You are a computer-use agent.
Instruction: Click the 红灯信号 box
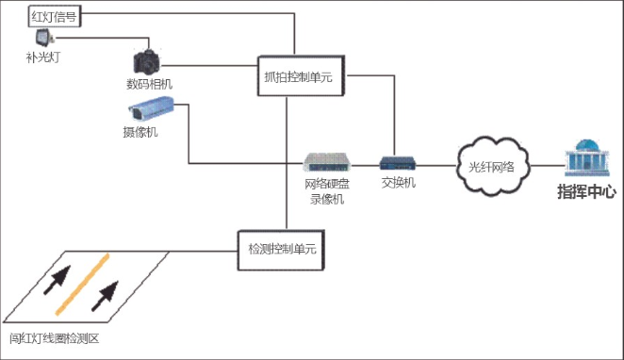tap(53, 16)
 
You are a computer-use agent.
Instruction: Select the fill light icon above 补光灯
tap(43, 39)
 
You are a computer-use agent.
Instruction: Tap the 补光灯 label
tap(43, 57)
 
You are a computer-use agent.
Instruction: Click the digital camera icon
tap(147, 62)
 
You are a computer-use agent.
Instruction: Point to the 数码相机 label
tap(149, 84)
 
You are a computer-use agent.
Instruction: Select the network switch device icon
tap(398, 163)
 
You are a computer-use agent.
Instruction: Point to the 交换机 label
tap(398, 183)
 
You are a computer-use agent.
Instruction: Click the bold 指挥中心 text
tap(586, 192)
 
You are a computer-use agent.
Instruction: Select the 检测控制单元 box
tap(281, 249)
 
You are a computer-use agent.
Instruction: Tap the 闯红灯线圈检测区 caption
tap(54, 338)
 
